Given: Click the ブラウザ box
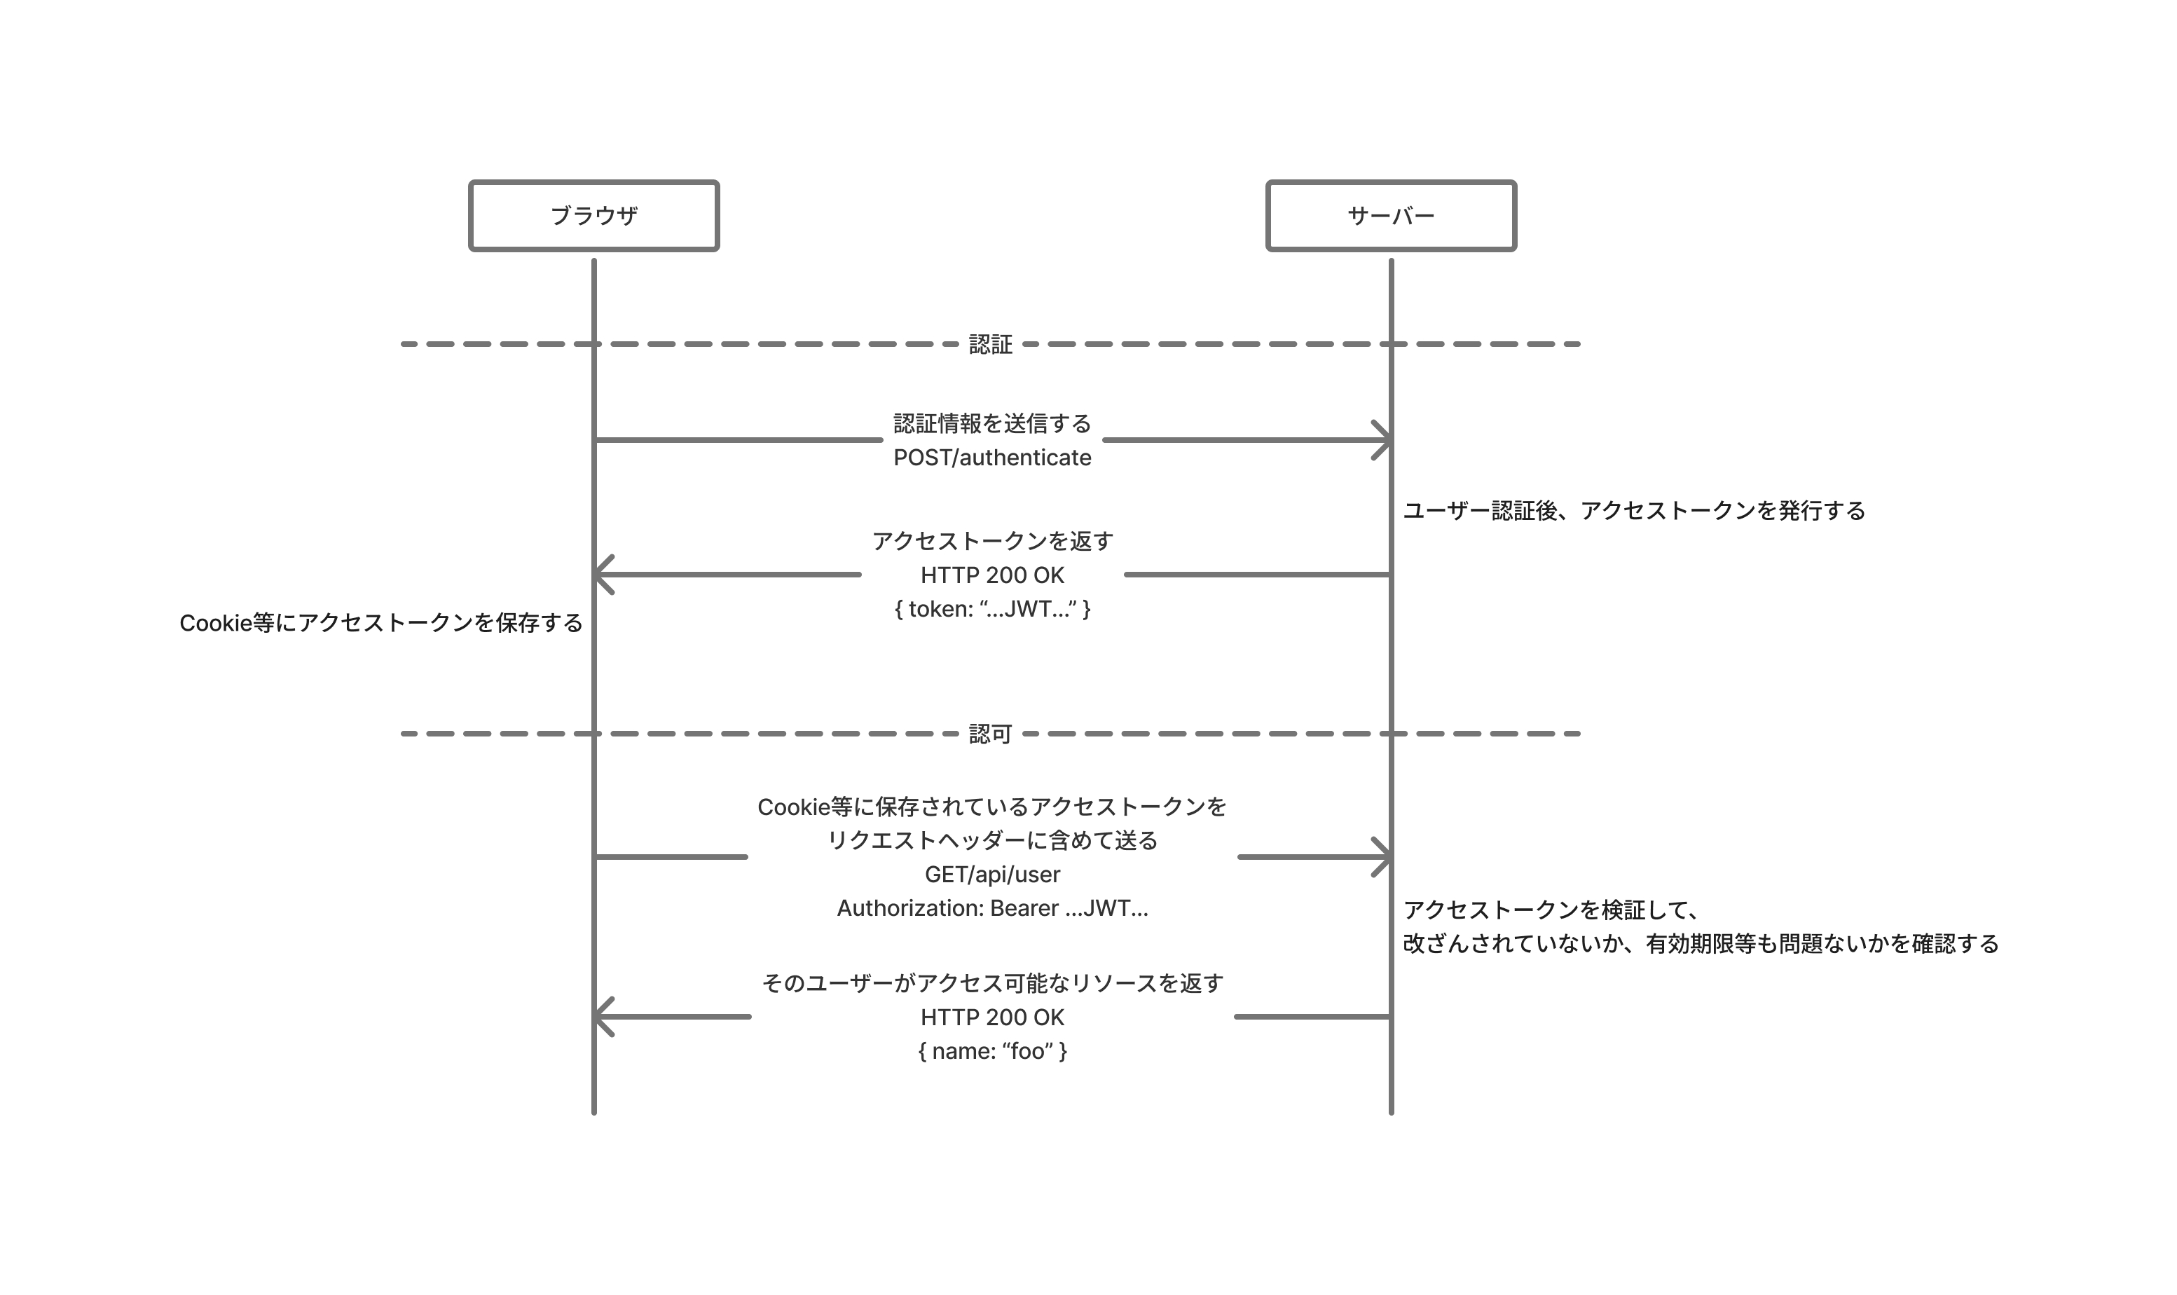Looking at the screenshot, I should pos(593,216).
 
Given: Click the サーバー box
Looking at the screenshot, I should pos(1390,216).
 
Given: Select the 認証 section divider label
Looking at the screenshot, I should pos(990,345).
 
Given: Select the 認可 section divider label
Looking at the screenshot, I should pos(990,734).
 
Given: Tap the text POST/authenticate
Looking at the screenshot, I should pos(992,458).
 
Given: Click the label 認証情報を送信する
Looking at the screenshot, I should pos(992,423).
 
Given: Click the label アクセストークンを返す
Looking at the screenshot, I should pos(992,541).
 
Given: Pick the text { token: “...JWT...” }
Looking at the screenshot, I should pos(992,609).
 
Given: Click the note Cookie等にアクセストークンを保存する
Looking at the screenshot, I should pos(380,623).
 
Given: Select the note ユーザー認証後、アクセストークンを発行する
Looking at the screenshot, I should pos(1633,510).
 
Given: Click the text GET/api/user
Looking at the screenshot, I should pos(992,875).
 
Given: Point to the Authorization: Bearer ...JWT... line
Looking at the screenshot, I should pos(992,908).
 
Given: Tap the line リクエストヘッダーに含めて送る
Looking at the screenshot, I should pos(992,840).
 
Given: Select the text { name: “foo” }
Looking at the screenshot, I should pos(992,1050).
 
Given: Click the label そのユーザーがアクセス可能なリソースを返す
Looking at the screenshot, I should pos(992,982).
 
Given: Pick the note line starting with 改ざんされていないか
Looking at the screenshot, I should pos(1700,944).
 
